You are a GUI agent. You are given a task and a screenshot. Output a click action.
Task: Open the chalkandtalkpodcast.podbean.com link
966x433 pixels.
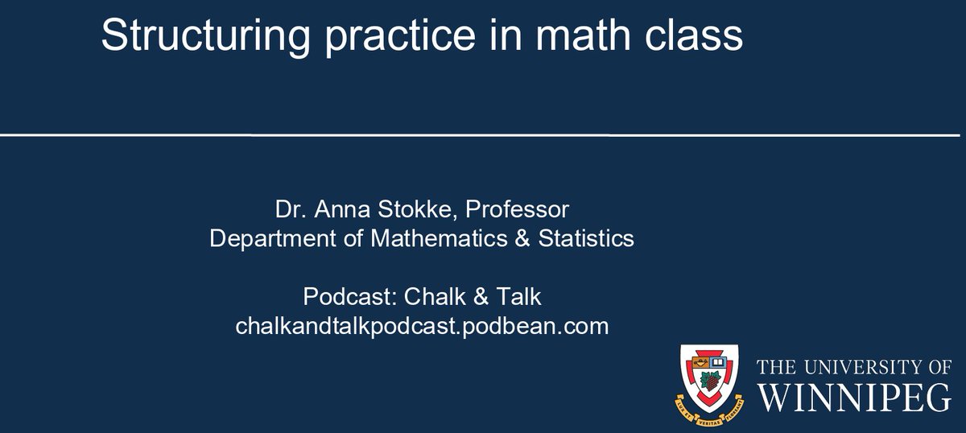(x=422, y=327)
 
